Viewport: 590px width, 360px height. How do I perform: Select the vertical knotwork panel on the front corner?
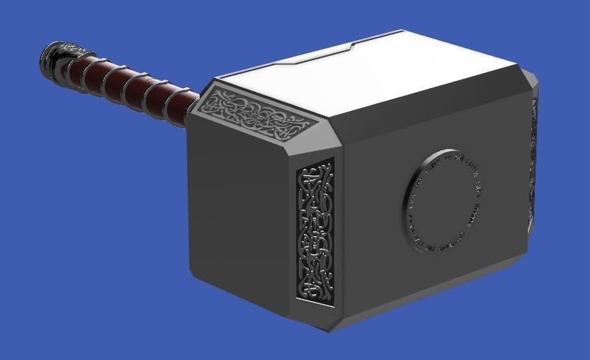pyautogui.click(x=315, y=229)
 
